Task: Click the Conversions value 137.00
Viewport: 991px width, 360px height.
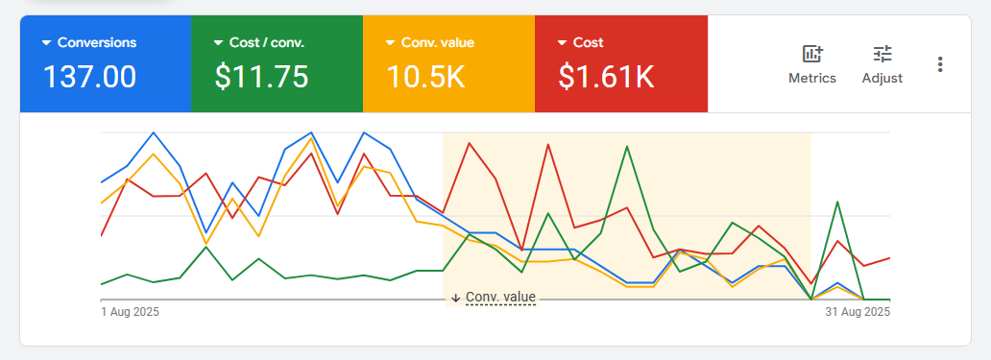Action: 89,76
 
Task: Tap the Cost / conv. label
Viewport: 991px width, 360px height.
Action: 267,43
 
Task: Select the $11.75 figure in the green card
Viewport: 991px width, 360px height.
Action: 261,76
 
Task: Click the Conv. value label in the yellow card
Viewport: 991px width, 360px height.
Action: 438,43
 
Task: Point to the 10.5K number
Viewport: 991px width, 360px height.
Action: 425,76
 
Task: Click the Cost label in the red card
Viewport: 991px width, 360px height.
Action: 588,43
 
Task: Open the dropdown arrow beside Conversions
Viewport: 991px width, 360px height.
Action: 45,43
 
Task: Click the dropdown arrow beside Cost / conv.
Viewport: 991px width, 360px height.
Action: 217,43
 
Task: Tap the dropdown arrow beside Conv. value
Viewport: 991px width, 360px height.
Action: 389,43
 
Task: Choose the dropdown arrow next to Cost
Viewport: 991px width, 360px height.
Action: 561,43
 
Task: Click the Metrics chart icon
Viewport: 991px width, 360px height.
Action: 812,54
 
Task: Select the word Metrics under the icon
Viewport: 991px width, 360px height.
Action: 812,79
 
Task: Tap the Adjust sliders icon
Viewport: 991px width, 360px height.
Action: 882,54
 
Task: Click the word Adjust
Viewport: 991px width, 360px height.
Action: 882,79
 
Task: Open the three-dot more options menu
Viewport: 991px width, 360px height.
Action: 940,64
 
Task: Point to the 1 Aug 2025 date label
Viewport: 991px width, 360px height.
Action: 131,312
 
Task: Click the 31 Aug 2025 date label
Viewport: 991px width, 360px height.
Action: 858,312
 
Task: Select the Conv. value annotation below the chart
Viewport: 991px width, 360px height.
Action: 500,298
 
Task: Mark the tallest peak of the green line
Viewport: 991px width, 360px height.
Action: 627,147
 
